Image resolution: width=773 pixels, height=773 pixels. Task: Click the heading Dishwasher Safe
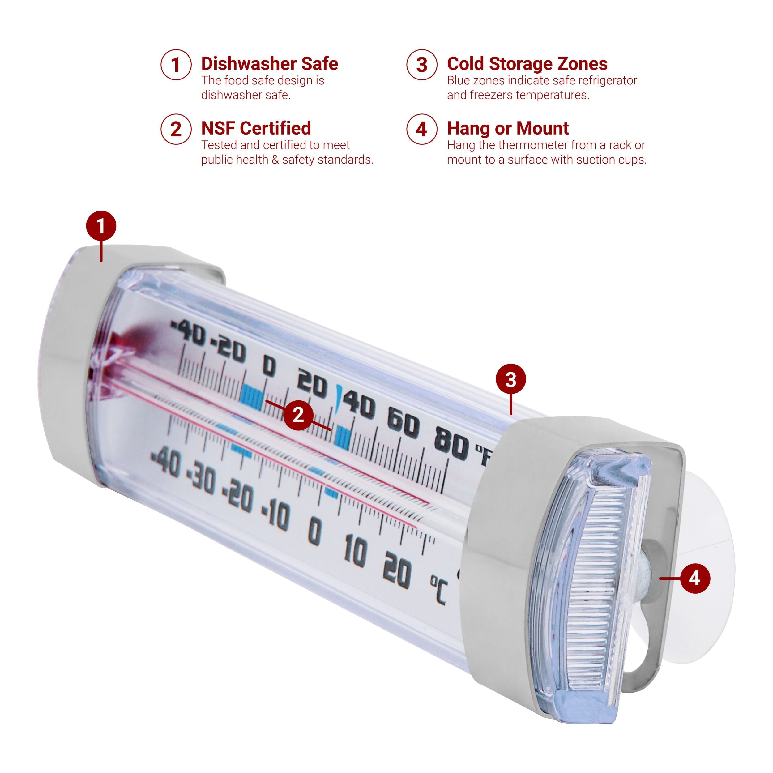(x=269, y=64)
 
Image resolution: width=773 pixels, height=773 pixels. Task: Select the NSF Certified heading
(x=256, y=128)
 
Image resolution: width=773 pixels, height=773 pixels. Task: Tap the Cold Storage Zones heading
(x=527, y=64)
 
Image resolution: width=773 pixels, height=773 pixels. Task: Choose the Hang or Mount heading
(x=508, y=128)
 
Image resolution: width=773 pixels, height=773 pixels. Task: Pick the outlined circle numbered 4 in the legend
(x=421, y=129)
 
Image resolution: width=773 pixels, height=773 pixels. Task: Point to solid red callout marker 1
(x=101, y=226)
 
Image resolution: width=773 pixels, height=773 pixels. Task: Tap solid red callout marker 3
(x=510, y=379)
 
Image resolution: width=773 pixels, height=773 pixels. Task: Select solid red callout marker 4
(x=695, y=579)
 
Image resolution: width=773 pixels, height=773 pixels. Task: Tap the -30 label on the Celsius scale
(x=202, y=480)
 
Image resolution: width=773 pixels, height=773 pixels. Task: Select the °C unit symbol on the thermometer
(x=438, y=590)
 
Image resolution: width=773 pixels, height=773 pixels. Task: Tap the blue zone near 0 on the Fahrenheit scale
(x=252, y=397)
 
